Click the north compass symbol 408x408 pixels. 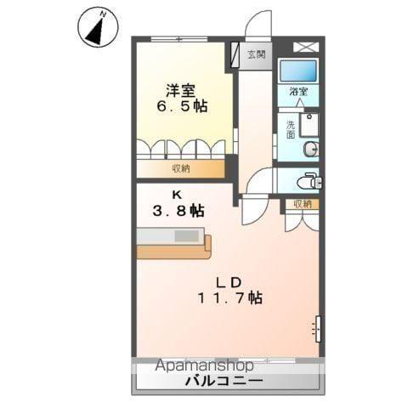97,27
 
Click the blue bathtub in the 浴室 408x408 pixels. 297,70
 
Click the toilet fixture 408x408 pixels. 309,180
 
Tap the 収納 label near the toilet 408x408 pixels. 303,204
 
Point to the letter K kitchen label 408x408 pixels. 178,193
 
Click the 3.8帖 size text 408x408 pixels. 178,211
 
